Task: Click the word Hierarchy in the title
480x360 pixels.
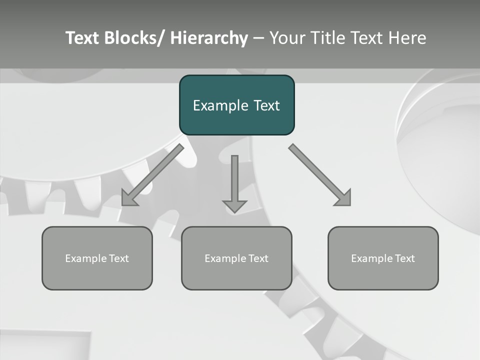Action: point(209,38)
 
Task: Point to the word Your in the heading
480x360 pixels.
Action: point(287,38)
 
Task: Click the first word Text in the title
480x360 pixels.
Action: point(83,38)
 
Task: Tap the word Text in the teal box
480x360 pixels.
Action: point(266,105)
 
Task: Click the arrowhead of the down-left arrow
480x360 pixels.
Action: point(129,198)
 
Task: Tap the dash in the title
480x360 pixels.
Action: point(258,38)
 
